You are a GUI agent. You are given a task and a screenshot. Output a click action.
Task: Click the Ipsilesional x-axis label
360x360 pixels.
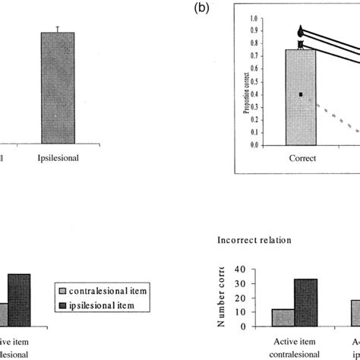[58, 160]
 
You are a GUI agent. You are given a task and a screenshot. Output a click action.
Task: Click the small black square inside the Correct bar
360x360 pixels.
[301, 94]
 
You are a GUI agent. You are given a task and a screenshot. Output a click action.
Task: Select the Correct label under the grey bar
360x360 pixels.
[302, 160]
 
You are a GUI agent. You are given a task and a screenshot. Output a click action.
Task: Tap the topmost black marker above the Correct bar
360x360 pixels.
[301, 32]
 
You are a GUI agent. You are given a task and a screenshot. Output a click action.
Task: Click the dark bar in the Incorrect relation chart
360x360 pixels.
[305, 302]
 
